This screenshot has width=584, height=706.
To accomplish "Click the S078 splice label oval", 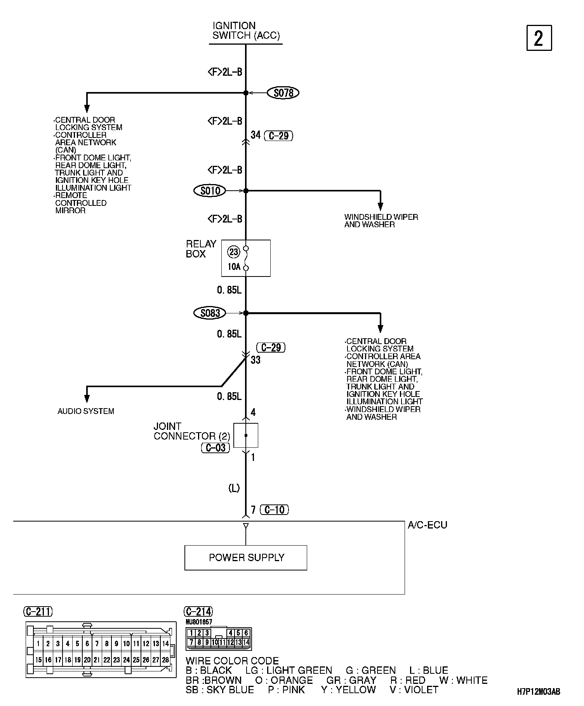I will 283,93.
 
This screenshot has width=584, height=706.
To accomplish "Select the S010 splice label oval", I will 210,191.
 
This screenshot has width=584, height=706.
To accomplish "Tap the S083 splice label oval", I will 210,313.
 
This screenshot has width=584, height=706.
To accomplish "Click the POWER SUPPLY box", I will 245,558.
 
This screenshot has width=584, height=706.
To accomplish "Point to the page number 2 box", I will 539,38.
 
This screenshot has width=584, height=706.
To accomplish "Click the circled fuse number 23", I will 234,252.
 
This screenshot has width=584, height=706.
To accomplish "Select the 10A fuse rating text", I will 234,267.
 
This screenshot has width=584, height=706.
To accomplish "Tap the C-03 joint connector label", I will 216,448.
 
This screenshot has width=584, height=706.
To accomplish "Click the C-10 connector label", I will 275,510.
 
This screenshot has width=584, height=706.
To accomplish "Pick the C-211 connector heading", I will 38,612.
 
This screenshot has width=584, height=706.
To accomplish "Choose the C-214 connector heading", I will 198,612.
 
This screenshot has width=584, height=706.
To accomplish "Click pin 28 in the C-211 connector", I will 166,660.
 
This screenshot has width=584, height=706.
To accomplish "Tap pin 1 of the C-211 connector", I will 38,643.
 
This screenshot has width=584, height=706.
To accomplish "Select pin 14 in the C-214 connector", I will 246,642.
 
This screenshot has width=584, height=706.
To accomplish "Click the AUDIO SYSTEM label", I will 86,411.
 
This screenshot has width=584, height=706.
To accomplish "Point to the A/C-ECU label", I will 427,525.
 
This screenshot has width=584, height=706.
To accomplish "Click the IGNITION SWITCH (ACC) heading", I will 246,31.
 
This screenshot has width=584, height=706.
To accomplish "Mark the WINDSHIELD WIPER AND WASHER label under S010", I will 381,221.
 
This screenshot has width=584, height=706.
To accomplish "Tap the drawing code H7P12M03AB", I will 539,692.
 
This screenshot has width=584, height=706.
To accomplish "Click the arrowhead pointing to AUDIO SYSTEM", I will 87,398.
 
